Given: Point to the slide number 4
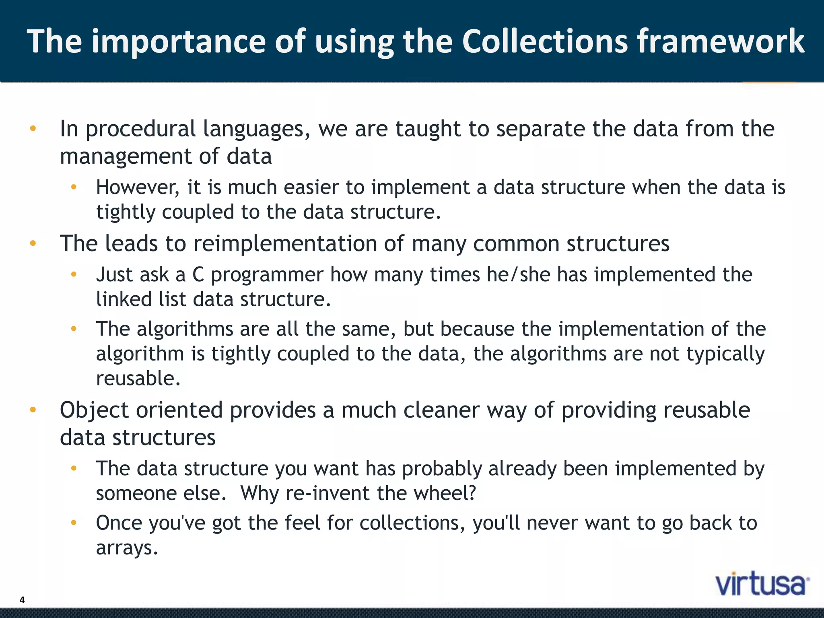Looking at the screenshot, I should [x=22, y=600].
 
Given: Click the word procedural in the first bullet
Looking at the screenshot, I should [x=140, y=129].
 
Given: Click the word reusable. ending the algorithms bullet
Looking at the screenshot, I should [x=138, y=379].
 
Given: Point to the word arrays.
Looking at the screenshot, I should [x=127, y=548].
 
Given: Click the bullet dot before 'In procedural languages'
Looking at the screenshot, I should [x=33, y=129].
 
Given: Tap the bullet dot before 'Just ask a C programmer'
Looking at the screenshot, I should [x=74, y=274].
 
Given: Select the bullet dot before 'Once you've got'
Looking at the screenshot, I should [x=74, y=523].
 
